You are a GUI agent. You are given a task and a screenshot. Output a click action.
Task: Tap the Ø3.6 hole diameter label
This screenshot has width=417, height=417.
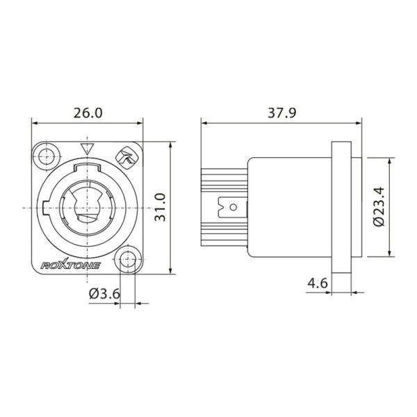pyautogui.click(x=105, y=294)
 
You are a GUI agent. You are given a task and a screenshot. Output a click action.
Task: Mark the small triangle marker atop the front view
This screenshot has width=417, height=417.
pyautogui.click(x=87, y=148)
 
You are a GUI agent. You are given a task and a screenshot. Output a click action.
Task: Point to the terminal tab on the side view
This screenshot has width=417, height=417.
pyautogui.click(x=231, y=207)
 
